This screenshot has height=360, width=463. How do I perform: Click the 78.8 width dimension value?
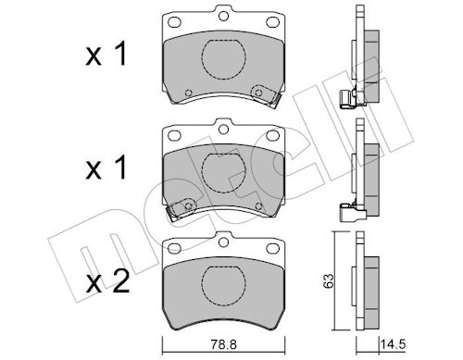point(224,344)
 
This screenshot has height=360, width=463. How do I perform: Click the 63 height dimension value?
point(328,280)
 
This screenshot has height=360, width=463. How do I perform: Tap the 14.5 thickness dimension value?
point(393,344)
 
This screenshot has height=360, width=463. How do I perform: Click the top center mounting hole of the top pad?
point(223,16)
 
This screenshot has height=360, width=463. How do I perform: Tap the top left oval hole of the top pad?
point(174,22)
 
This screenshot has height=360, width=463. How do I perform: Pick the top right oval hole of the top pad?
point(272,22)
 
